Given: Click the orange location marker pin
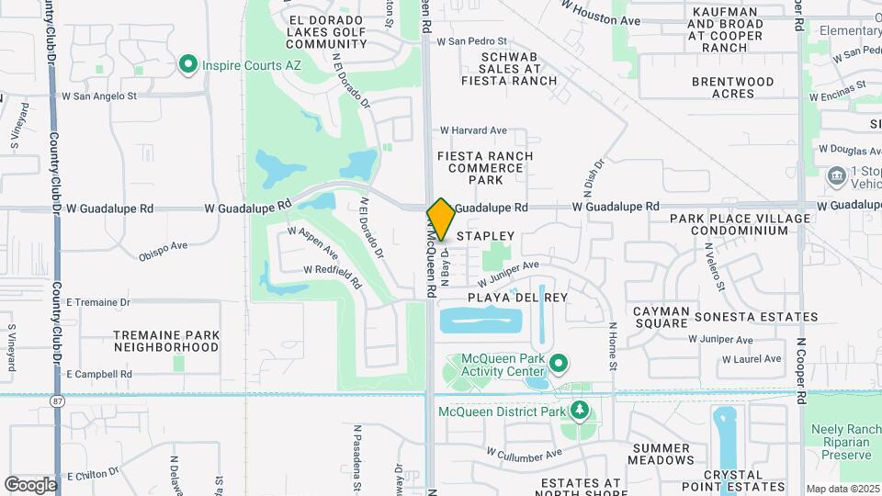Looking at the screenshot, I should click(x=441, y=219).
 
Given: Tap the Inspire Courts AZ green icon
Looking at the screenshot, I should click(x=188, y=64).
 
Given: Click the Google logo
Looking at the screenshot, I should click(x=30, y=484).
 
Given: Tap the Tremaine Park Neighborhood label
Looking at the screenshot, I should click(x=166, y=342).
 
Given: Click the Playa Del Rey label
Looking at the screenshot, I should click(x=518, y=298).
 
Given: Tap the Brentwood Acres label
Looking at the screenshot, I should click(x=733, y=87).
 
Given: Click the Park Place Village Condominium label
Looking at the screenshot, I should click(x=740, y=224).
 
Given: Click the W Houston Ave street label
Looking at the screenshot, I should click(x=601, y=14).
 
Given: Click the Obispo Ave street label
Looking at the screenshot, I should click(x=164, y=250).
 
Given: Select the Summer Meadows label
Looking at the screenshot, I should click(x=661, y=453).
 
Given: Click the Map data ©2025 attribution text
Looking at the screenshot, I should click(x=842, y=489).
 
